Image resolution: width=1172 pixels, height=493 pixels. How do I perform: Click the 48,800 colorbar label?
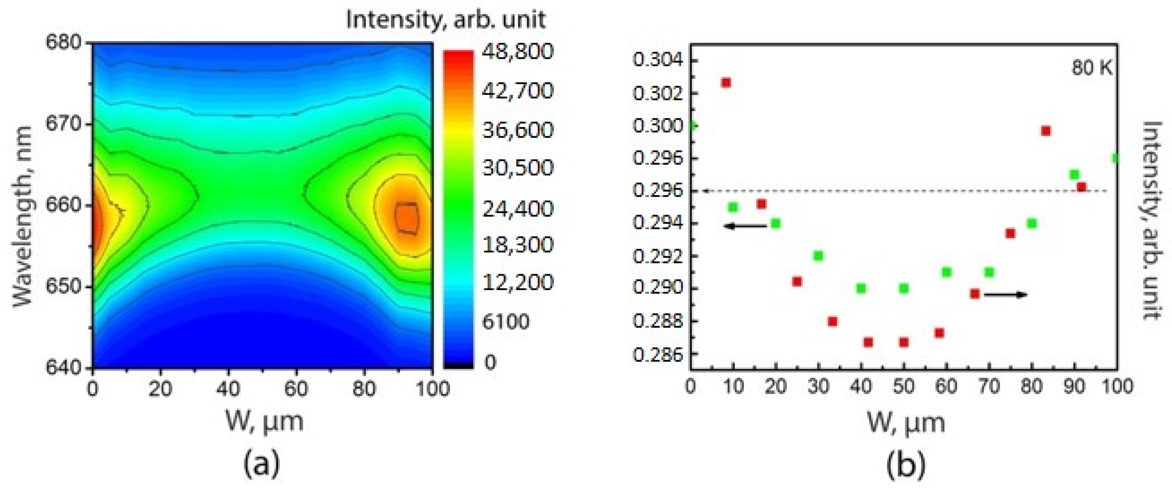(518, 51)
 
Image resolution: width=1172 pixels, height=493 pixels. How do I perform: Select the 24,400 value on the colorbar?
(518, 209)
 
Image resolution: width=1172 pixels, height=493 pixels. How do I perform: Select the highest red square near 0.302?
(726, 82)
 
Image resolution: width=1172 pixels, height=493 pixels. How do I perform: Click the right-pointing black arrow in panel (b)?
(1005, 295)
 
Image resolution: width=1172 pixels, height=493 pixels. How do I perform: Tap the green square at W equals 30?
(818, 256)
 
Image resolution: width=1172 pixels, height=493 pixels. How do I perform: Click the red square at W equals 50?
(904, 342)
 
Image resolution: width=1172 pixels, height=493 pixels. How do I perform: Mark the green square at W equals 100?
(1115, 158)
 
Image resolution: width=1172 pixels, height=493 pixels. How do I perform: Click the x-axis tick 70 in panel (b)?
(989, 386)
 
